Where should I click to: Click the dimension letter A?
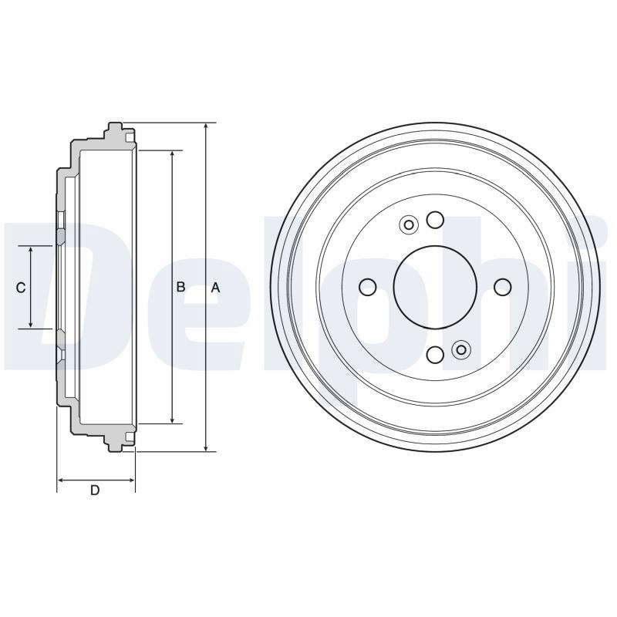tap(215, 288)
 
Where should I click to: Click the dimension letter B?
tap(180, 287)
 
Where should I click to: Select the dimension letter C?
tap(21, 288)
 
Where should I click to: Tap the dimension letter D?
tap(95, 491)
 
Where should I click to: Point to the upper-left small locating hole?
tap(409, 225)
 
